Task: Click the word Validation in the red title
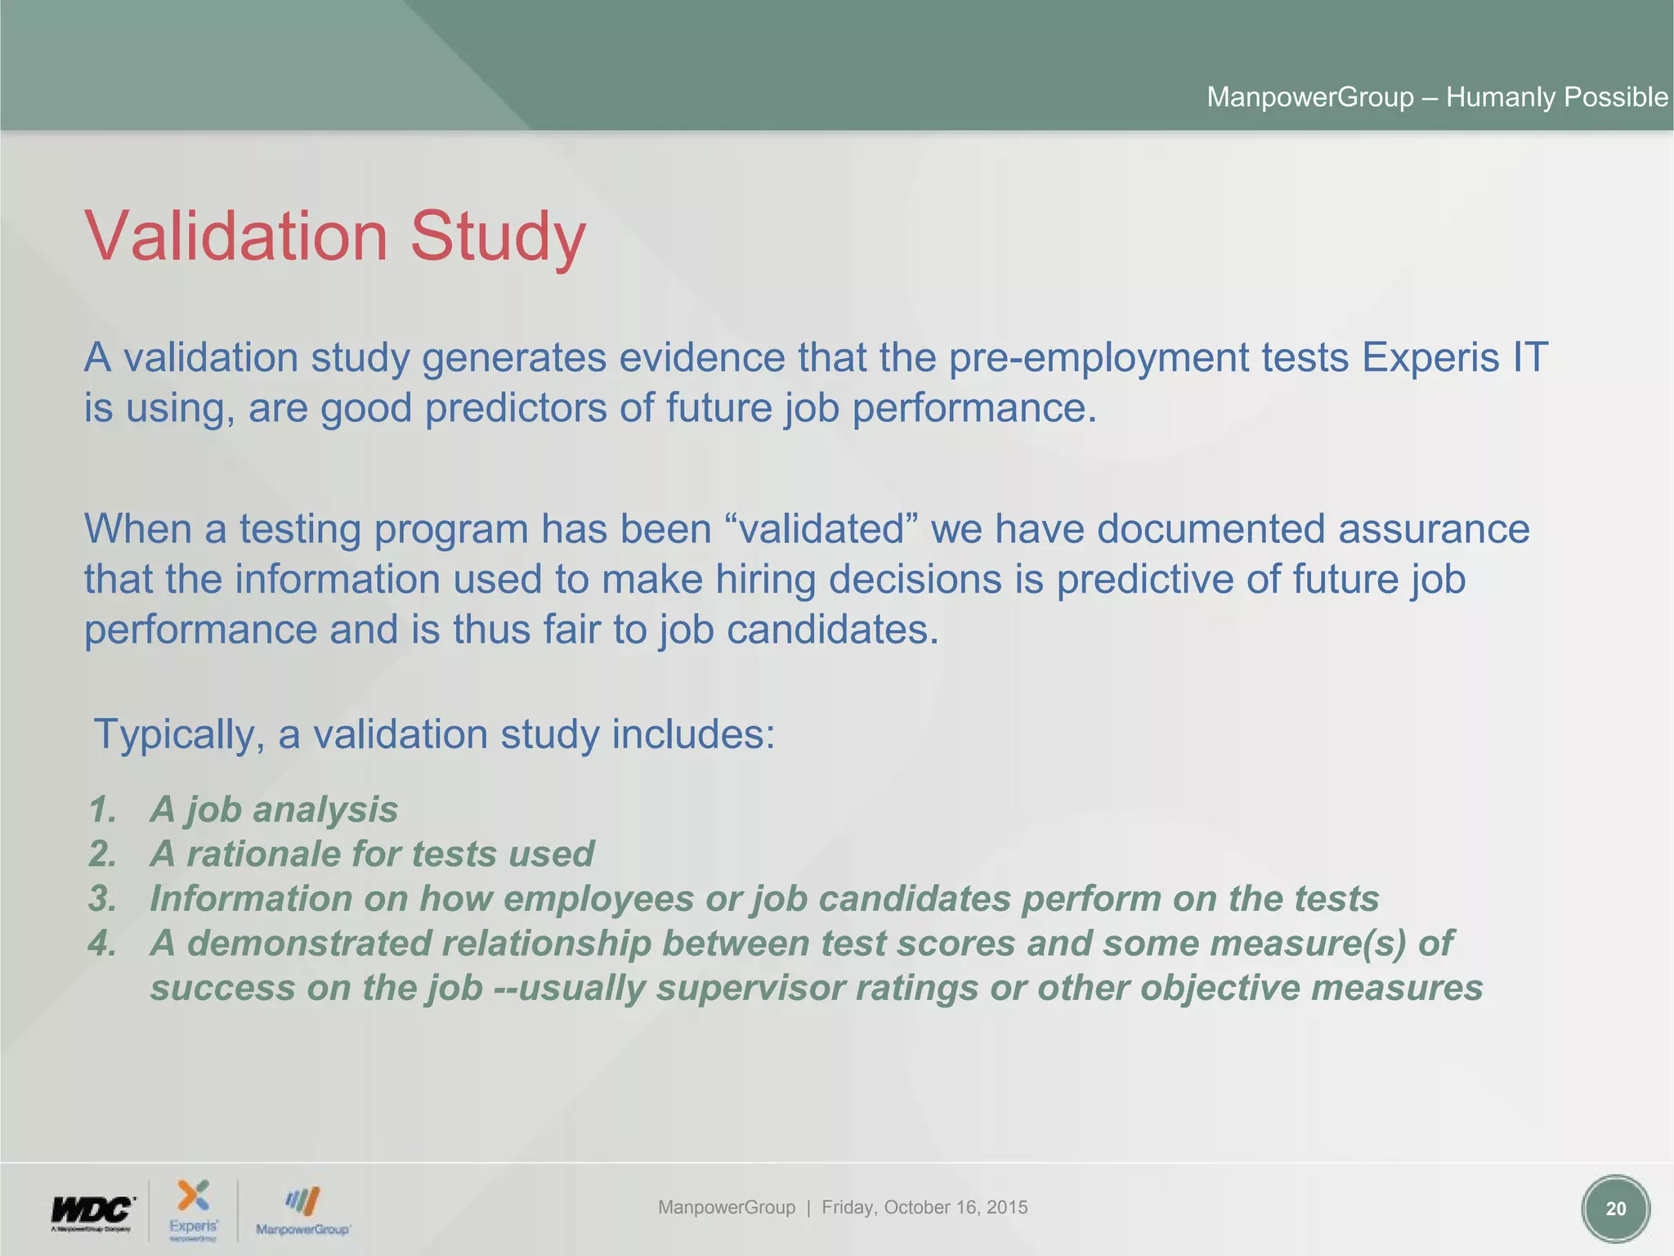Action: [x=236, y=236]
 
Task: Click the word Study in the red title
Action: [x=498, y=236]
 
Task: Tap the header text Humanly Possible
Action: [x=1556, y=97]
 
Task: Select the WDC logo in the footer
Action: [x=92, y=1211]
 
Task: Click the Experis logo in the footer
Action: [x=194, y=1209]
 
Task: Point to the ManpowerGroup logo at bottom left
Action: [x=302, y=1211]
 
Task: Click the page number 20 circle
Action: [x=1615, y=1209]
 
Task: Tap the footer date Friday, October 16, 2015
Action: [x=924, y=1207]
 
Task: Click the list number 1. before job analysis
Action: [x=103, y=810]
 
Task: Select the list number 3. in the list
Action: [x=103, y=899]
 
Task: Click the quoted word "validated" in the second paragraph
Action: [x=821, y=529]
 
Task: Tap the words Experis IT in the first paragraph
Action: [x=1454, y=358]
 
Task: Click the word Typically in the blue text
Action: [x=178, y=734]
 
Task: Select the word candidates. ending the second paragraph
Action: [x=833, y=630]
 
